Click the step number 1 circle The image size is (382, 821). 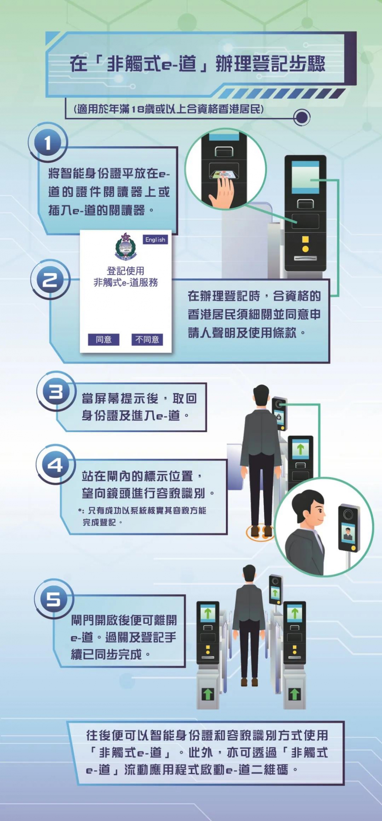click(x=47, y=143)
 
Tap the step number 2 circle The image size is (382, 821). click(x=50, y=280)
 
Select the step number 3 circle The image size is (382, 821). click(x=56, y=392)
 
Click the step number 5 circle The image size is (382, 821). click(x=54, y=599)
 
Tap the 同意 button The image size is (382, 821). click(x=104, y=339)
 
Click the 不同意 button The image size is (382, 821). click(x=147, y=339)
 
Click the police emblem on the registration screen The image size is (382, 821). click(x=125, y=246)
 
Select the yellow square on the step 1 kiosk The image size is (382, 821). click(x=305, y=239)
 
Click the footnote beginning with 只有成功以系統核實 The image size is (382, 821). click(x=143, y=516)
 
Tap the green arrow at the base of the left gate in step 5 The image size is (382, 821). click(x=208, y=694)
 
